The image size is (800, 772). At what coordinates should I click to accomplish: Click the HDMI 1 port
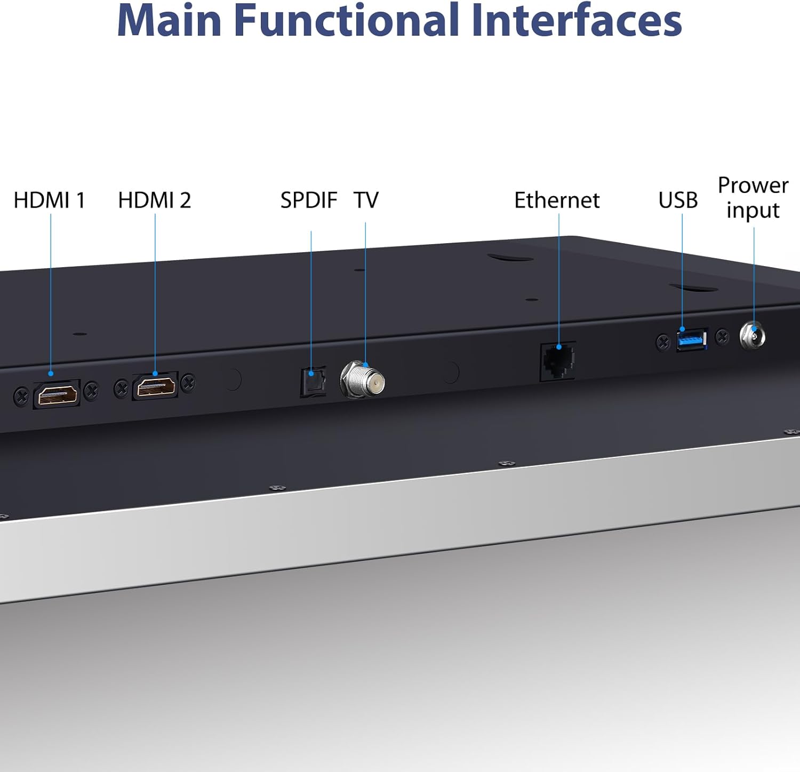[x=57, y=394]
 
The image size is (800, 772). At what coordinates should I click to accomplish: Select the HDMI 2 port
[x=155, y=386]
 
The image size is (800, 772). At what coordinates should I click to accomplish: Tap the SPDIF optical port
[x=313, y=382]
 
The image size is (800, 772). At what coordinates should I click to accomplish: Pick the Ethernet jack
[x=558, y=361]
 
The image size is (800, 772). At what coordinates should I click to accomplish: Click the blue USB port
[x=692, y=339]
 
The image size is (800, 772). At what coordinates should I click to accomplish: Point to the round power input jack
[x=753, y=336]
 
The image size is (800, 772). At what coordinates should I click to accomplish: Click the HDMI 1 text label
[x=50, y=200]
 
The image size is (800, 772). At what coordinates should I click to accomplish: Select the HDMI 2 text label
[x=154, y=200]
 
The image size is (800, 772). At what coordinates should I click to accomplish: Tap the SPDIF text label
[x=309, y=200]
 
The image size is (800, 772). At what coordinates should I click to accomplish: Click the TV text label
[x=366, y=200]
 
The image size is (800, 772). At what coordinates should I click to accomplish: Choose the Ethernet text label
[x=557, y=200]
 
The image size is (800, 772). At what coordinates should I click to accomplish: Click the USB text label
[x=678, y=200]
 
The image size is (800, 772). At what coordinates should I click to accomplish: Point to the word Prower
[x=753, y=186]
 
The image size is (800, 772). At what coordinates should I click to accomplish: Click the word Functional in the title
[x=347, y=20]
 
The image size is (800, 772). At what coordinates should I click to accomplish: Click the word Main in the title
[x=169, y=20]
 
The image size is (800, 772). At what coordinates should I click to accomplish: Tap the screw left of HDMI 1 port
[x=21, y=396]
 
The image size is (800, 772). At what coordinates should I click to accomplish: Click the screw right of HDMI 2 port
[x=188, y=382]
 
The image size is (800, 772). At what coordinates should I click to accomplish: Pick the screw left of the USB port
[x=663, y=342]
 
